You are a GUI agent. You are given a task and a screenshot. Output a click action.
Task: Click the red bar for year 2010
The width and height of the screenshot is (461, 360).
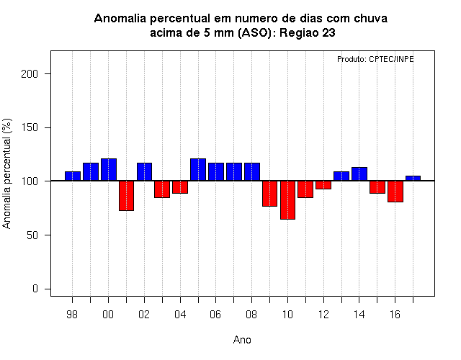287,200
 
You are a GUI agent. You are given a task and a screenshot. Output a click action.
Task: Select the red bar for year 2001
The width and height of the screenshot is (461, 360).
127,196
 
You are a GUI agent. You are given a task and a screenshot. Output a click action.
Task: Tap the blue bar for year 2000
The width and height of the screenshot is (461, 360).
109,170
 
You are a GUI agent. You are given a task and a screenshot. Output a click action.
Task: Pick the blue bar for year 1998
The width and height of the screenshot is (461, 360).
73,176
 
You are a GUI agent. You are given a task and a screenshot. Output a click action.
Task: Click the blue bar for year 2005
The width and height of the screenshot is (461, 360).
198,170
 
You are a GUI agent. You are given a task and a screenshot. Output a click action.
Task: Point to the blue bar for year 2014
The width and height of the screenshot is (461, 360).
359,174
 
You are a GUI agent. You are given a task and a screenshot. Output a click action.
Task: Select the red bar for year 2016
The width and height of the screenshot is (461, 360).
395,192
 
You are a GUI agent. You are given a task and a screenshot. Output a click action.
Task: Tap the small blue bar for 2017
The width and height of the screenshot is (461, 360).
413,178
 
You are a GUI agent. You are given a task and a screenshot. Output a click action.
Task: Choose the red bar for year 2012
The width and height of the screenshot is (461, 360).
323,185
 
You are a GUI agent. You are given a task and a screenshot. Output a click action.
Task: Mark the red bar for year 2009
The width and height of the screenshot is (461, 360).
269,194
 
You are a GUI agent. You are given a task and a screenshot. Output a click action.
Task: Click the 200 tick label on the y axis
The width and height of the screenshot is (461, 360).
30,73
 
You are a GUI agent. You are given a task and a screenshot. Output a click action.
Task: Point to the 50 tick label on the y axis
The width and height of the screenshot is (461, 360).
32,235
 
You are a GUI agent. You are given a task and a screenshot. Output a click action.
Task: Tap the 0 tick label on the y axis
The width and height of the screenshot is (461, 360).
35,289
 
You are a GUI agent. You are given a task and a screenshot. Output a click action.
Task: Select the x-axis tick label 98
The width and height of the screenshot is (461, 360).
72,315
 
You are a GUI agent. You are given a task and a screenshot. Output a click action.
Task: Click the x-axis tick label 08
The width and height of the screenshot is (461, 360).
251,315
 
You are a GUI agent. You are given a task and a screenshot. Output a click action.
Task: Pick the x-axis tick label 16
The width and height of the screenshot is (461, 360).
395,315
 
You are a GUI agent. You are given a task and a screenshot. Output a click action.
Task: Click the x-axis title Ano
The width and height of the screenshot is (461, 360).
242,340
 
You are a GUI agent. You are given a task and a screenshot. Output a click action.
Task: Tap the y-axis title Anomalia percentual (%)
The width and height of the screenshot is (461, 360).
6,174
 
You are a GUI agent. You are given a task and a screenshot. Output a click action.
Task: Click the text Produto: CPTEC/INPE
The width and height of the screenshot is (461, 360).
375,59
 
